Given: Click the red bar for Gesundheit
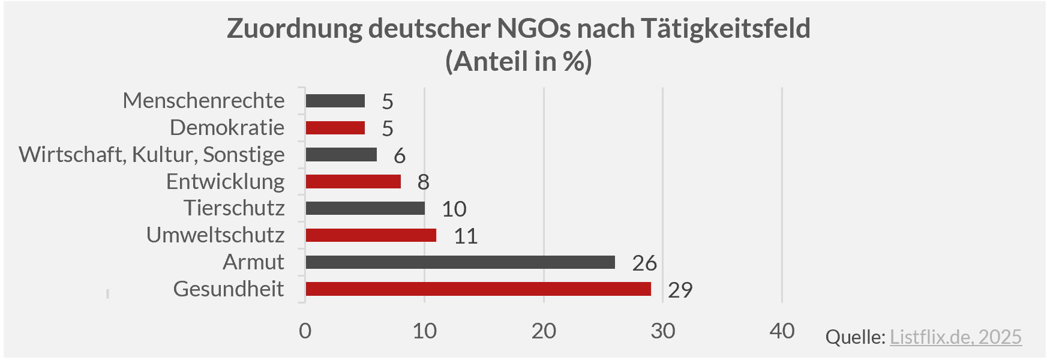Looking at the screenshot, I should tap(478, 289).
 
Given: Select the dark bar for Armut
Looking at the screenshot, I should tap(460, 262).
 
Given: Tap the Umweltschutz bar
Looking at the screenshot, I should tap(371, 235).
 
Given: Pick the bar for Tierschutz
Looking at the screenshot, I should tap(365, 208).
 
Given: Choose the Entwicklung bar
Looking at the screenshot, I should tap(353, 181).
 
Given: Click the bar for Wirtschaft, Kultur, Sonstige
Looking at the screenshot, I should tap(341, 155).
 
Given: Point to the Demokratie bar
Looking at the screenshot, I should tap(335, 128).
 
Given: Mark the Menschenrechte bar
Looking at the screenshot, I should tap(335, 101).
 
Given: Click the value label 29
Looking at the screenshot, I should tap(680, 290).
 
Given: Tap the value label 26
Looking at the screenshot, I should tap(644, 263).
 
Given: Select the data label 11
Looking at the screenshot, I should tap(466, 236).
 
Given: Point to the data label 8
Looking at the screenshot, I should tap(423, 182).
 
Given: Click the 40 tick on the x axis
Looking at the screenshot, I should tap(782, 331).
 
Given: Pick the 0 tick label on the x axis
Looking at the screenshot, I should tap(305, 331).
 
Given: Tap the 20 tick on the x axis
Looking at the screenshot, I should tap(544, 331).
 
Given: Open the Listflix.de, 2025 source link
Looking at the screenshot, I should tap(955, 337).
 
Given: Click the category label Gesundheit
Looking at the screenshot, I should tap(229, 289).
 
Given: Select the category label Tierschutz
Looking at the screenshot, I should tap(234, 208).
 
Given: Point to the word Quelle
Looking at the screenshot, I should tap(855, 337).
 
